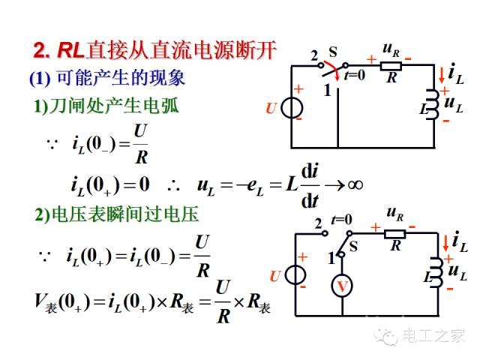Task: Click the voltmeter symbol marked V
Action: coord(342,286)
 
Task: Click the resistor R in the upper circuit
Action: coord(391,66)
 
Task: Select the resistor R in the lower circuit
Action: coord(395,234)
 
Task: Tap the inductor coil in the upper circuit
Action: coord(433,104)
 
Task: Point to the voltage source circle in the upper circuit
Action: coord(292,108)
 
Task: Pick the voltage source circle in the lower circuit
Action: coord(295,274)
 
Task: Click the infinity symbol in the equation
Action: coord(355,184)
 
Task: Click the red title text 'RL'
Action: coord(71,49)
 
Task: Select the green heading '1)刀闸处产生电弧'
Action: coord(106,106)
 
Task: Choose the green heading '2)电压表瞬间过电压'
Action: coord(117,214)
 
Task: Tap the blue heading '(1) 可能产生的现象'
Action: coord(107,78)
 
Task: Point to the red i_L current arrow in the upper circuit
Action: coord(442,76)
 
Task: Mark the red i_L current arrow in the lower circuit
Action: coord(445,243)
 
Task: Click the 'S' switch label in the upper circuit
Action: coord(333,52)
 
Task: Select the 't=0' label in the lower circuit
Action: coord(342,220)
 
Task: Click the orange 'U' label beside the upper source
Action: coord(271,108)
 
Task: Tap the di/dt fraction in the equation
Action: coord(310,185)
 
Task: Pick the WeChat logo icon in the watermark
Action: coord(386,337)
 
